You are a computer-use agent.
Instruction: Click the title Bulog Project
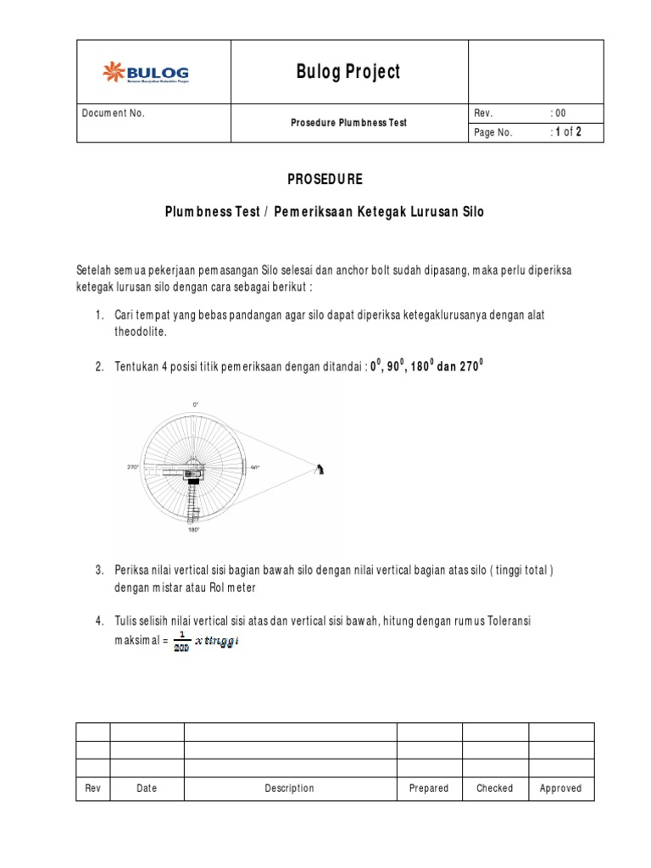pyautogui.click(x=348, y=72)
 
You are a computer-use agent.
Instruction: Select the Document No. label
pyautogui.click(x=114, y=114)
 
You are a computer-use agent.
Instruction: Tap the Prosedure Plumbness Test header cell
pyautogui.click(x=348, y=123)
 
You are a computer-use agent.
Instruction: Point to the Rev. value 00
pyautogui.click(x=560, y=114)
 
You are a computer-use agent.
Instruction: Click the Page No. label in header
pyautogui.click(x=493, y=132)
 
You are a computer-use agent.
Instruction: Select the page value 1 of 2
pyautogui.click(x=567, y=132)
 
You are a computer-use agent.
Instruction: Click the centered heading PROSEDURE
pyautogui.click(x=325, y=180)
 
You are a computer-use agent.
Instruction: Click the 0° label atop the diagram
pyautogui.click(x=196, y=405)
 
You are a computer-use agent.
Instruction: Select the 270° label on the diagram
pyautogui.click(x=133, y=467)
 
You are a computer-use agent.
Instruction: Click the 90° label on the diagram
pyautogui.click(x=254, y=467)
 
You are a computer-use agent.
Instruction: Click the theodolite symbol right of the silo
pyautogui.click(x=320, y=469)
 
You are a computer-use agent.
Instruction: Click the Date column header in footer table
pyautogui.click(x=147, y=788)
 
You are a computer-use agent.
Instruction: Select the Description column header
pyautogui.click(x=289, y=788)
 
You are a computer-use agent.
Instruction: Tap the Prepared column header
pyautogui.click(x=429, y=788)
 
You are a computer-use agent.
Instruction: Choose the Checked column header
pyautogui.click(x=494, y=788)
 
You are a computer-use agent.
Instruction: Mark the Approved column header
pyautogui.click(x=560, y=788)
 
